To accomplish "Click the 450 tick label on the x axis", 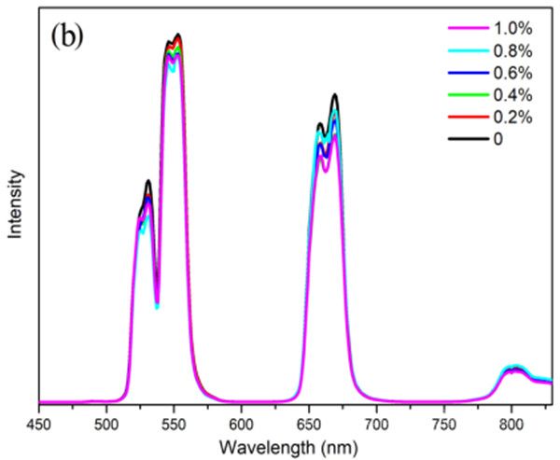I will (39, 421).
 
